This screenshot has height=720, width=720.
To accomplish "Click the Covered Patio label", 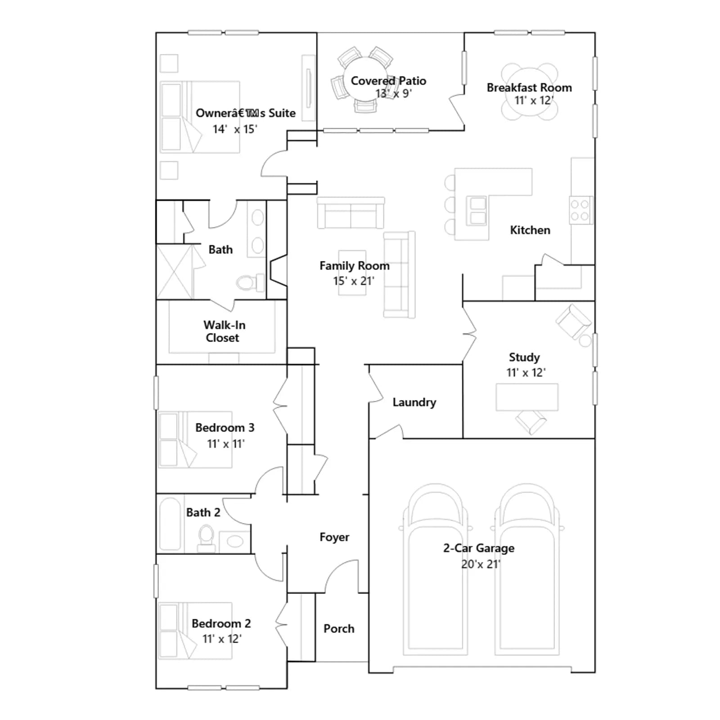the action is [388, 81].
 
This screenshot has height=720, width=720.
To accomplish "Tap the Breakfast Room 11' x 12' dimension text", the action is [534, 100].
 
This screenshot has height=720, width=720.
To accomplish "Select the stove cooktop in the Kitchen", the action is [581, 210].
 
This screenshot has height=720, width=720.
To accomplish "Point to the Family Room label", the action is [355, 266].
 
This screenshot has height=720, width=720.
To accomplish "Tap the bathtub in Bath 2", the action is [170, 523].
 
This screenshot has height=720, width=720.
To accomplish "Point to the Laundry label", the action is [414, 402].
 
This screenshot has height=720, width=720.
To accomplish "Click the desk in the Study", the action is [527, 397].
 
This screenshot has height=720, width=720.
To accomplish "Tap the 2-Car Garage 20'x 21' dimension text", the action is [481, 564].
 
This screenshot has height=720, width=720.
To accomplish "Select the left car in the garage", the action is [435, 569].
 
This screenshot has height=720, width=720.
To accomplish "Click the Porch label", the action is [339, 629].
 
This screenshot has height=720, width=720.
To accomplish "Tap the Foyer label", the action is [334, 537].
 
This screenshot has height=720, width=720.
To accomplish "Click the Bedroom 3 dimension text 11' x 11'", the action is [226, 444].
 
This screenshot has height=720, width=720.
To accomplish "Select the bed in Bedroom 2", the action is [195, 631].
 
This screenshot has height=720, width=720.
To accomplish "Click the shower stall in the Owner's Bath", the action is [175, 272].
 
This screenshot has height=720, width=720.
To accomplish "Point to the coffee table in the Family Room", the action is [352, 273].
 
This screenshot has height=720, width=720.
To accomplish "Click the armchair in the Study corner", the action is [574, 321].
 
